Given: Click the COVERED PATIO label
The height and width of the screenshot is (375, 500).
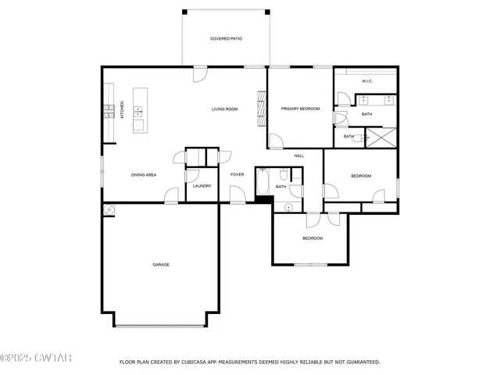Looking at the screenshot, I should (x=225, y=38).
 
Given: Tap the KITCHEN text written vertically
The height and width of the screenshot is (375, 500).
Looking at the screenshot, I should (x=122, y=109).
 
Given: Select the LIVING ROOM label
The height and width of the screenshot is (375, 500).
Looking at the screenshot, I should (x=224, y=109).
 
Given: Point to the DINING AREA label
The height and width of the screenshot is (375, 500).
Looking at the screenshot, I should (x=144, y=175).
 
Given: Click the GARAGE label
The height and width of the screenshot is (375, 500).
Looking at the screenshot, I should (x=160, y=265).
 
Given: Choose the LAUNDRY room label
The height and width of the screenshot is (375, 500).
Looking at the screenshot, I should (x=202, y=186).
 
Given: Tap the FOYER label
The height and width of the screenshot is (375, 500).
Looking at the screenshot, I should (x=237, y=175).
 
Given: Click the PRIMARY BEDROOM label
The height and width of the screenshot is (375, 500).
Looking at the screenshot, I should (x=301, y=109).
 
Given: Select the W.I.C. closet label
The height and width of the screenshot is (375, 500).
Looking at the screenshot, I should (x=367, y=81).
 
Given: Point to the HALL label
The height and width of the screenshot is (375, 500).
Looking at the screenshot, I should (x=298, y=156).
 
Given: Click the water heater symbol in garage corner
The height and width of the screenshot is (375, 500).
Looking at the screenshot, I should (x=109, y=210).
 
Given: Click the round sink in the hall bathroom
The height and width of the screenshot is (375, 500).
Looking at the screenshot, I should (x=288, y=207).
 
